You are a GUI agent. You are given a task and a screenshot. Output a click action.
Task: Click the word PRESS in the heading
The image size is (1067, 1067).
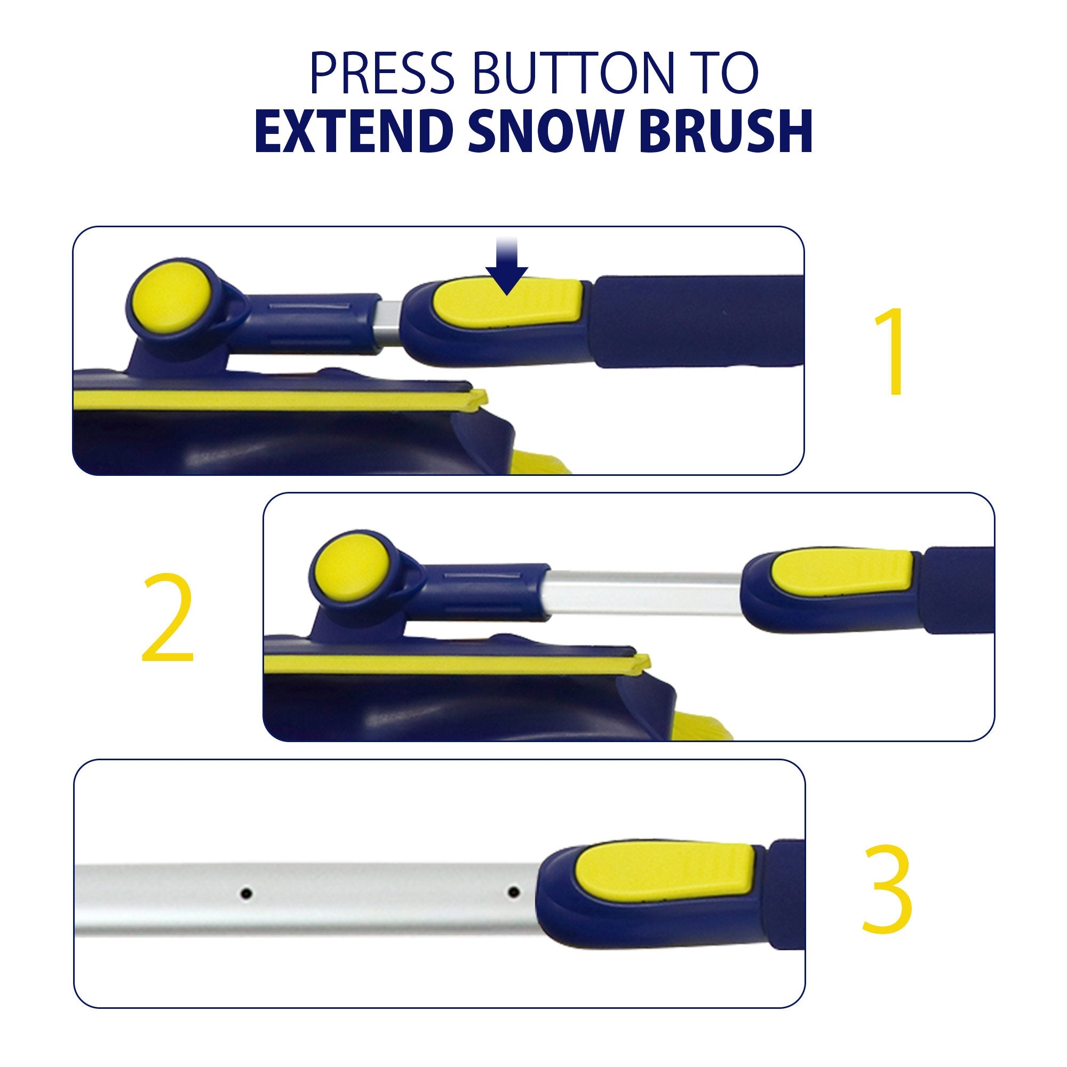coord(381,73)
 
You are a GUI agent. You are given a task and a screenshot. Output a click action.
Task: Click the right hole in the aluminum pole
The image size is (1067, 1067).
coord(513,891)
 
